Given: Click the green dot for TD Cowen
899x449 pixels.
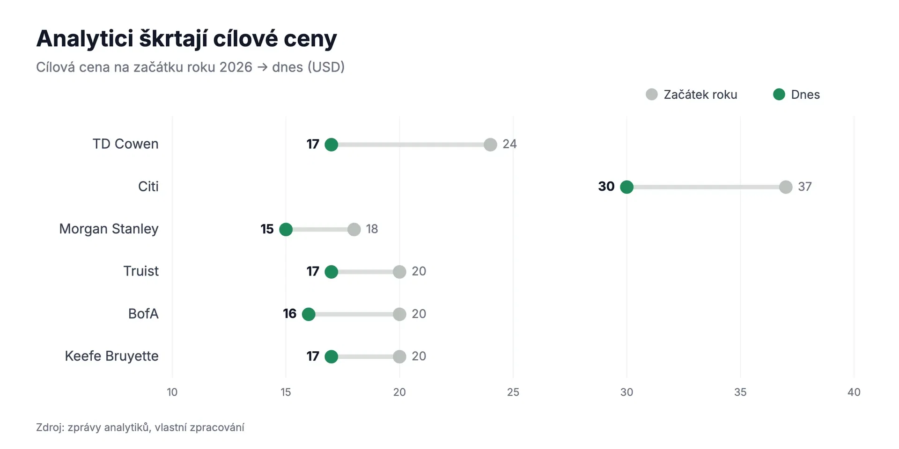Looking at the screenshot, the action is tap(331, 145).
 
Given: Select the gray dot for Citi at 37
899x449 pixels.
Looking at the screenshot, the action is tap(786, 187).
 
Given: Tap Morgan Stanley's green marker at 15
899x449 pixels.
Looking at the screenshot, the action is tap(286, 229).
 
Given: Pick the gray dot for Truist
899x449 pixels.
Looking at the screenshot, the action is tap(399, 272).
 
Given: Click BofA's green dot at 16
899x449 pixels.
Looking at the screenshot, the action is tap(309, 314).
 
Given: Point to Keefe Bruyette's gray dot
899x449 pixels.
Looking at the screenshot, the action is tap(399, 356).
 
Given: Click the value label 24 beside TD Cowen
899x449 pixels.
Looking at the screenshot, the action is tap(509, 144).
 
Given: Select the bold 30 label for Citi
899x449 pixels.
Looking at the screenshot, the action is tap(606, 186).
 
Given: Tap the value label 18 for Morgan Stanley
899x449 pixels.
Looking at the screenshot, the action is tap(372, 229).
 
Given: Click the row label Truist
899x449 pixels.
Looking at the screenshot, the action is tap(141, 271).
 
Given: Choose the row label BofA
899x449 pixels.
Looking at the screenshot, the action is tap(143, 313).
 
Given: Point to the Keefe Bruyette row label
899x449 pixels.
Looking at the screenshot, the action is tap(111, 356).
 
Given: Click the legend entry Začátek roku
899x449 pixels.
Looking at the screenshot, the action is tap(692, 94).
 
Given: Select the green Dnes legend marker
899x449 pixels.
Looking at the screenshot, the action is tap(779, 94).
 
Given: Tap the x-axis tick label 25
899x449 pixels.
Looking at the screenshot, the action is tap(513, 392).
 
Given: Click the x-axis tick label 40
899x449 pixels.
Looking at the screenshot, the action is tap(854, 392).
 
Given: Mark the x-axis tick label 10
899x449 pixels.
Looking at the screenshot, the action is tap(172, 392).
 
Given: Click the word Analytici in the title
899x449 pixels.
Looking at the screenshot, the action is tap(85, 39).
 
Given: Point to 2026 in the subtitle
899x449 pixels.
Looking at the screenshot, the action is tap(236, 67).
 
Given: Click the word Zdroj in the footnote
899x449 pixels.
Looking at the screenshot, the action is tap(50, 427).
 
